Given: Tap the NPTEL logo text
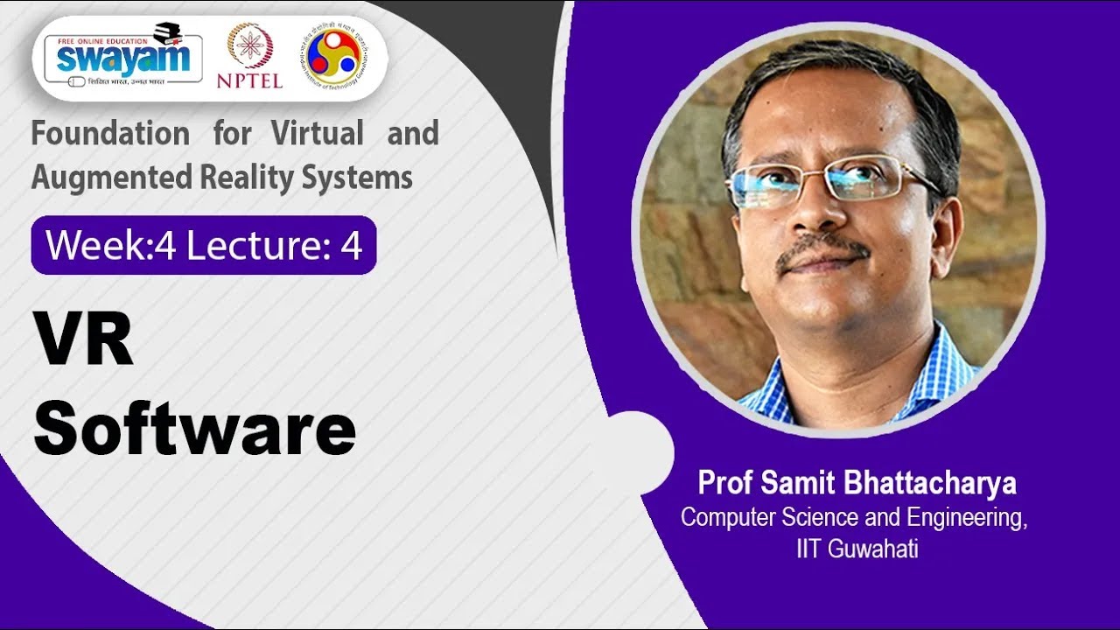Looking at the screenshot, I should click(x=249, y=80).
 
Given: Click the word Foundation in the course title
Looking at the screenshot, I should click(x=110, y=134).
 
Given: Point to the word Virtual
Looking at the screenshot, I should click(x=318, y=134).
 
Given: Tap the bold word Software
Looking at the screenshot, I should click(x=194, y=429).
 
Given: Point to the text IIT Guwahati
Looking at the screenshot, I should click(x=853, y=550).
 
